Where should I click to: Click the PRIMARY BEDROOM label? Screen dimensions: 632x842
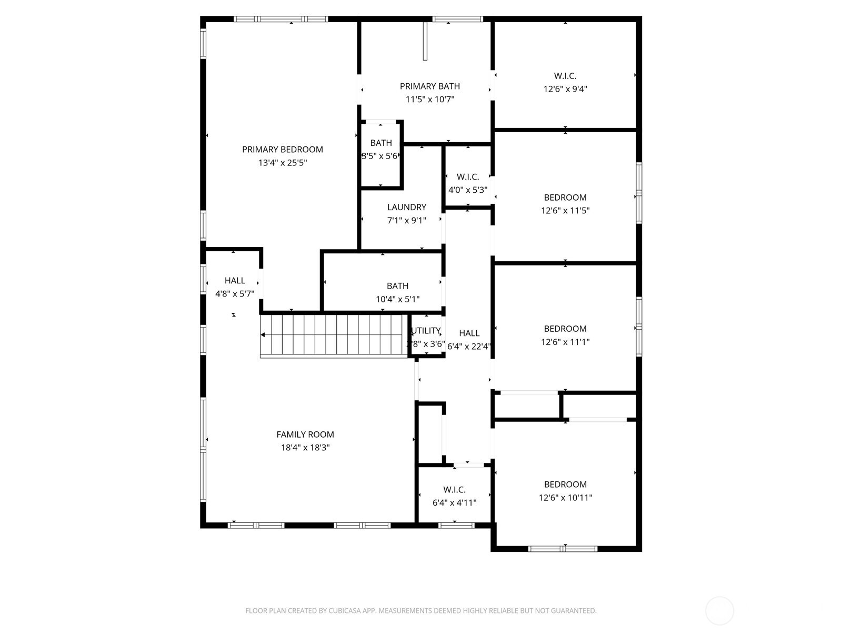[x=282, y=150]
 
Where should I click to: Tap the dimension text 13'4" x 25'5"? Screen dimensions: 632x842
[x=282, y=163]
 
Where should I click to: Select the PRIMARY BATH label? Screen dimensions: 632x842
[x=429, y=86]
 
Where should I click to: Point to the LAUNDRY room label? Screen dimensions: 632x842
[x=406, y=208]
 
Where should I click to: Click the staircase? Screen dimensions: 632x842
[x=335, y=335]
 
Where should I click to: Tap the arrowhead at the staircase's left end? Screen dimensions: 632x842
[x=263, y=335]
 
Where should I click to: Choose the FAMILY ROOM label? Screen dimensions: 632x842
[x=305, y=434]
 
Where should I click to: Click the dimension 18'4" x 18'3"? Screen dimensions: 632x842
[x=305, y=448]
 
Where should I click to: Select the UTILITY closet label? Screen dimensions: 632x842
[x=426, y=331]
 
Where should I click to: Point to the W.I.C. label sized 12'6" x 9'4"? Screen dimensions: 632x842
[x=565, y=76]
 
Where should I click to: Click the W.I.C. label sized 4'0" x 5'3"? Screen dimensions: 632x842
[x=467, y=177]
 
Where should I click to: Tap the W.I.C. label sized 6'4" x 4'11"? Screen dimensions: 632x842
[x=454, y=490]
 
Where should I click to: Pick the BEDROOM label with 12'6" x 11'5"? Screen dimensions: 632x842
[x=565, y=197]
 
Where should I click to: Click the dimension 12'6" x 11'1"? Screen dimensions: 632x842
[x=565, y=342]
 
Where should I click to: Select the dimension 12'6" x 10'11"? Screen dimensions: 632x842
[x=565, y=498]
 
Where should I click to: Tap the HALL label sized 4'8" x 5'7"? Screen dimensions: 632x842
[x=235, y=281]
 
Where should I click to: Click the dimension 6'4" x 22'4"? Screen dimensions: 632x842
[x=469, y=347]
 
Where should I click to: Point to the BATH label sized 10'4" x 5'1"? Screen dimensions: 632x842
[x=397, y=286]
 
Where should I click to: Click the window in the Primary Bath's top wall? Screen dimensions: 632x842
[x=457, y=19]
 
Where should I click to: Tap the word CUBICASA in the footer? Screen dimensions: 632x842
[x=345, y=611]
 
